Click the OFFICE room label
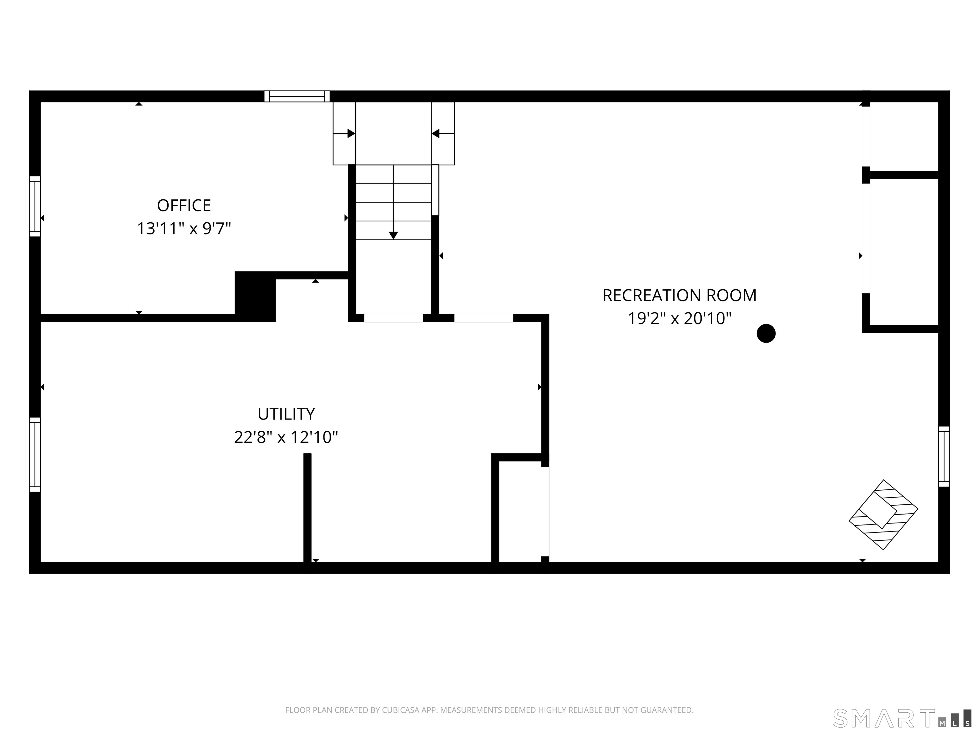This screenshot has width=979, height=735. coord(184,205)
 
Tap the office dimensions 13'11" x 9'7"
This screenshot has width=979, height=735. coord(184,229)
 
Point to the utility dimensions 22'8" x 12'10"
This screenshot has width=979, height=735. coord(286,438)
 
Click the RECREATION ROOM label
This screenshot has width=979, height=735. coord(679,295)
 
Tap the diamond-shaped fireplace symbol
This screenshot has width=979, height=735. coord(883,515)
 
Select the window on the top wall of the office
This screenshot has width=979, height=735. coord(297,96)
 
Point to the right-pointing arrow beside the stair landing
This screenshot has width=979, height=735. coord(344,133)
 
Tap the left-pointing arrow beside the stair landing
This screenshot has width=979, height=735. coord(443,133)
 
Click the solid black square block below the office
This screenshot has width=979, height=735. coord(255,296)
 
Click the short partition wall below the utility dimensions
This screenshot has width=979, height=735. coord(307,513)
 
